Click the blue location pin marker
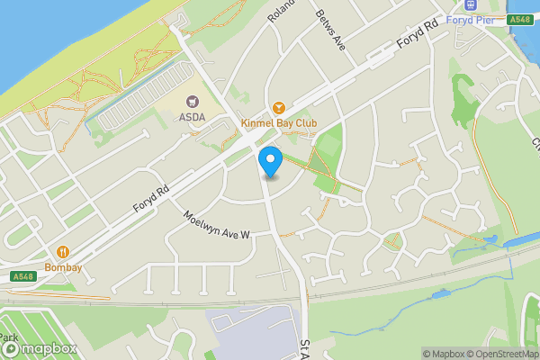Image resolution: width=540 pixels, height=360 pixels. pyautogui.click(x=270, y=162)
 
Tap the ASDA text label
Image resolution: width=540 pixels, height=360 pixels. pyautogui.click(x=192, y=117)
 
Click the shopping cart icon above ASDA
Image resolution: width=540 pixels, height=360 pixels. pyautogui.click(x=192, y=103)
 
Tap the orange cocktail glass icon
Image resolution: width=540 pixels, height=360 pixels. pyautogui.click(x=278, y=107)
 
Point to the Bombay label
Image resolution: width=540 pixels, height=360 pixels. pyautogui.click(x=64, y=267)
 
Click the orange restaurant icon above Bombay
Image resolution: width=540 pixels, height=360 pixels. pyautogui.click(x=64, y=253)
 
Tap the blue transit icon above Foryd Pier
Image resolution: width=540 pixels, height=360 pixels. pyautogui.click(x=471, y=5)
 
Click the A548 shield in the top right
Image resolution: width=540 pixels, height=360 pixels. pyautogui.click(x=519, y=19)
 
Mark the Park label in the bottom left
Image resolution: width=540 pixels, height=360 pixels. pyautogui.click(x=9, y=337)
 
